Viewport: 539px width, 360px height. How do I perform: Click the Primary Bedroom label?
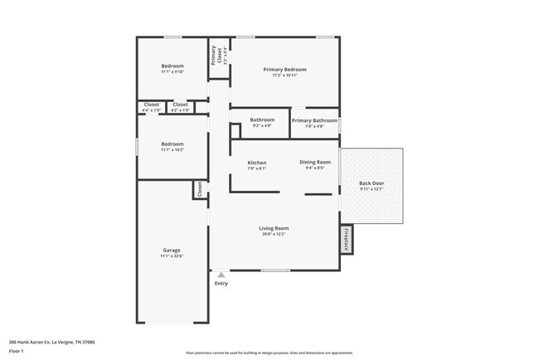pos(284,70)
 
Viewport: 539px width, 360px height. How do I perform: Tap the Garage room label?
pos(172,250)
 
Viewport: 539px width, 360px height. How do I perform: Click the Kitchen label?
pos(256,163)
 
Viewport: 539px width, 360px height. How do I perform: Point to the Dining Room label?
pos(315,162)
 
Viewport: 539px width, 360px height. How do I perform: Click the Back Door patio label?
pos(371,183)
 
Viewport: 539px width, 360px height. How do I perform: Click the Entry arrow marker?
pos(221,275)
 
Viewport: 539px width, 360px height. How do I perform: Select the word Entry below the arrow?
pos(221,284)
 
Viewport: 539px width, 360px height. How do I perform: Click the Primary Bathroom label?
pos(314,120)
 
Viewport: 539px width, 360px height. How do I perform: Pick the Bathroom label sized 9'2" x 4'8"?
pos(262,119)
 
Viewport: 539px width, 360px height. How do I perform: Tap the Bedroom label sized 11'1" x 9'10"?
pos(172,66)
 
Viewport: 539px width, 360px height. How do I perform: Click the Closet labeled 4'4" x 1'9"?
pos(152,105)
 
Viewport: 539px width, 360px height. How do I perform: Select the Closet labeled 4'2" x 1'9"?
pos(180,105)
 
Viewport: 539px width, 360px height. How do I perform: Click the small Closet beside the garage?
pos(200,189)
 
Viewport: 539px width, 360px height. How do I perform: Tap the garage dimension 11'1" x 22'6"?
pos(172,255)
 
